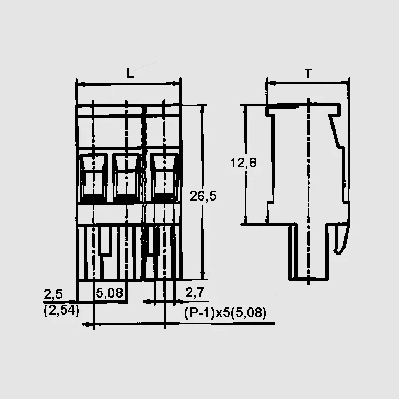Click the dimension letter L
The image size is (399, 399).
coord(130,73)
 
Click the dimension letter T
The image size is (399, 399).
coord(308,74)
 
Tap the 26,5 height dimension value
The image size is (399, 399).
coord(203,196)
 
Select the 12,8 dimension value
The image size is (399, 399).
coord(243,162)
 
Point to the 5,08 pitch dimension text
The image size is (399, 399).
coord(110,293)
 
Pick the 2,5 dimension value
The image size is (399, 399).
coord(53,294)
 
